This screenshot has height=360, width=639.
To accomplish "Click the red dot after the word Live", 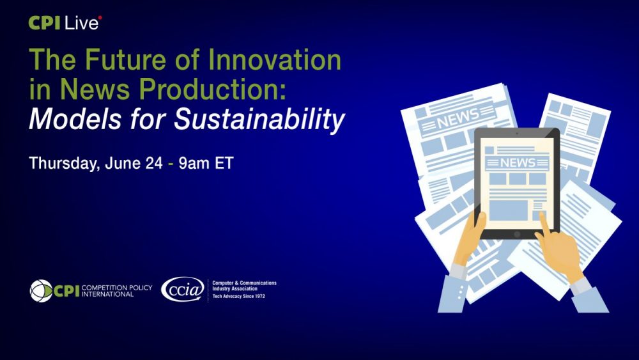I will pyautogui.click(x=100, y=18).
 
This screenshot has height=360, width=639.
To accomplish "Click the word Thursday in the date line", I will pyautogui.click(x=61, y=163).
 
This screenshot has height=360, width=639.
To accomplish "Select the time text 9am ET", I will pyautogui.click(x=206, y=162).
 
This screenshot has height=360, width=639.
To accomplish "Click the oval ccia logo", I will pyautogui.click(x=183, y=289).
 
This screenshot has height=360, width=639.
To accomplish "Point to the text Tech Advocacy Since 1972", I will pyautogui.click(x=238, y=297).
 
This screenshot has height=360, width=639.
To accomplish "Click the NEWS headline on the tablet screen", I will pyautogui.click(x=517, y=162).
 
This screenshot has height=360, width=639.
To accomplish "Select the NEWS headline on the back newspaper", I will pyautogui.click(x=458, y=119).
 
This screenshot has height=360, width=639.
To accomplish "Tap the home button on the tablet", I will pyautogui.click(x=516, y=234).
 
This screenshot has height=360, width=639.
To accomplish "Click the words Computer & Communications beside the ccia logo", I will pyautogui.click(x=244, y=283).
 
